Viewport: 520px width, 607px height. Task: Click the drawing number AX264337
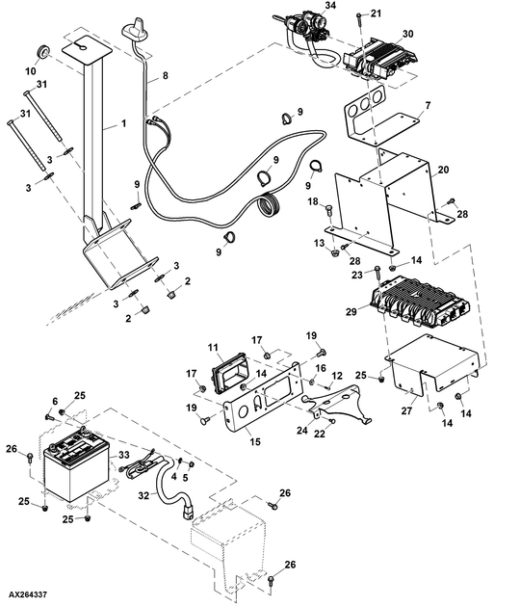[x=28, y=594]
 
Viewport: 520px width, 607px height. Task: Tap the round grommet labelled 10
[x=42, y=52]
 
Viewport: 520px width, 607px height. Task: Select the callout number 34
[x=330, y=6]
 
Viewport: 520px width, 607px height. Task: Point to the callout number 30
[x=407, y=34]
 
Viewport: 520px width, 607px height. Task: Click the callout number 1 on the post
[x=124, y=123]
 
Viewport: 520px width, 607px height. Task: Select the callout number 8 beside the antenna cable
[x=166, y=75]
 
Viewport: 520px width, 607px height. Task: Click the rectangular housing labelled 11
[x=229, y=373]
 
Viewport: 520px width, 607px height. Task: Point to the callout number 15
[x=255, y=441]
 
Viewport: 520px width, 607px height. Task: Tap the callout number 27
[x=406, y=410]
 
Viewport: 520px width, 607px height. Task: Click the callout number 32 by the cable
[x=143, y=495]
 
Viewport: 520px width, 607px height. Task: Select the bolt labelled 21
[x=359, y=18]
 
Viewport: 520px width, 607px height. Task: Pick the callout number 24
[x=302, y=430]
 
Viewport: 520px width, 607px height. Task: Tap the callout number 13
[x=319, y=243]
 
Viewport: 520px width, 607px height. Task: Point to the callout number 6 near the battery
[x=55, y=402]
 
